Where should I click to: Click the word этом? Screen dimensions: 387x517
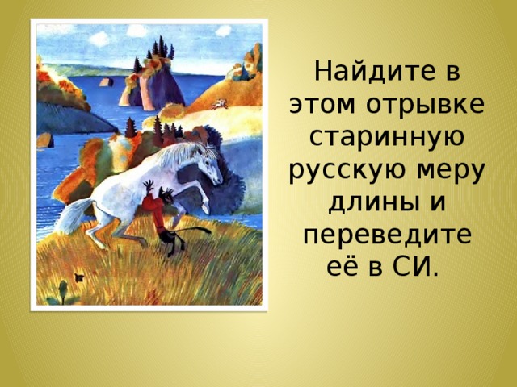(325, 105)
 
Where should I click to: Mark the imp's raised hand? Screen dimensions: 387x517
(149, 186)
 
